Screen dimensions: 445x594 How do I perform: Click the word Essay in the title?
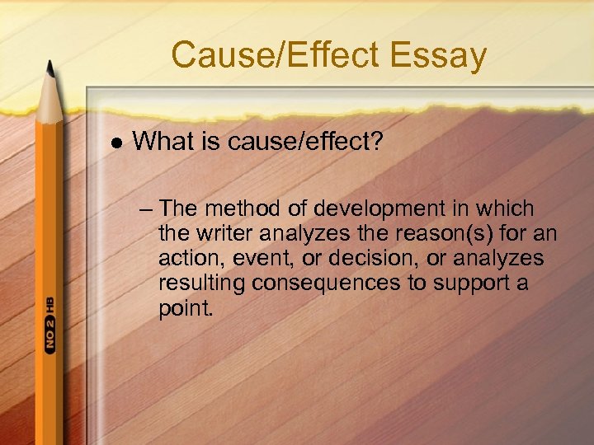(x=443, y=56)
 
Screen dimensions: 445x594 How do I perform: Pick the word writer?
(x=224, y=234)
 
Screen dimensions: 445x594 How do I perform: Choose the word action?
(x=186, y=259)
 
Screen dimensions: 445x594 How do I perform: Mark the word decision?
(x=364, y=259)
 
